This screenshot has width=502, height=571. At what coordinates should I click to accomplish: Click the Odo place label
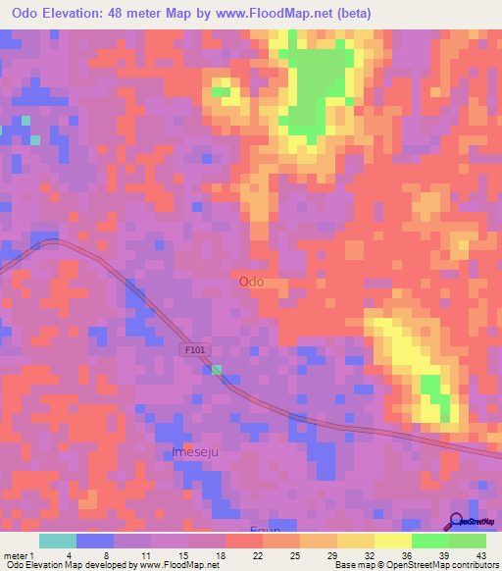click(x=251, y=282)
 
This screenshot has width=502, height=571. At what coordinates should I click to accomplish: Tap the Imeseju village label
click(x=192, y=452)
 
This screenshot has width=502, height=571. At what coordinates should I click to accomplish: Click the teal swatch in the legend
click(x=58, y=541)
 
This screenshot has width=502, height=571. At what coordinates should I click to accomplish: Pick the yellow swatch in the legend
click(x=392, y=541)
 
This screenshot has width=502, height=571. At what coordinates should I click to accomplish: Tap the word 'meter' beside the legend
click(x=14, y=554)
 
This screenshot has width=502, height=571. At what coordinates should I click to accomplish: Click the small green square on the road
click(x=217, y=370)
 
